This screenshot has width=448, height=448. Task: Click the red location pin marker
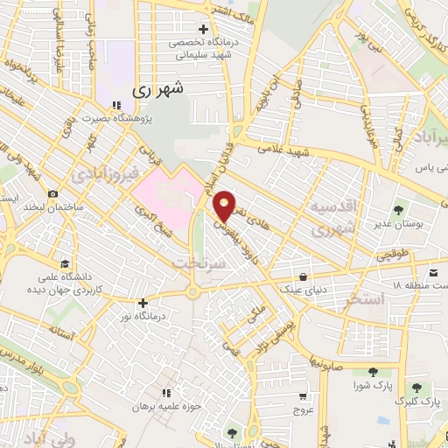(226, 206)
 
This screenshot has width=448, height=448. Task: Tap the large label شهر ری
(159, 89)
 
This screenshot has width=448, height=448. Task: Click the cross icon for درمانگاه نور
(143, 303)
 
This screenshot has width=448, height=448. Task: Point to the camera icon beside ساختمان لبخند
(53, 193)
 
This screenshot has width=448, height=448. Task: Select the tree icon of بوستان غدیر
(399, 210)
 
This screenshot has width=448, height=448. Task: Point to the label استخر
(366, 300)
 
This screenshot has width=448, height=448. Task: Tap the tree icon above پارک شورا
(374, 373)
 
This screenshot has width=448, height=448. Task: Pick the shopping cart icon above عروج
(303, 395)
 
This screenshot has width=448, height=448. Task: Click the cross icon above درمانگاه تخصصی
(203, 30)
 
